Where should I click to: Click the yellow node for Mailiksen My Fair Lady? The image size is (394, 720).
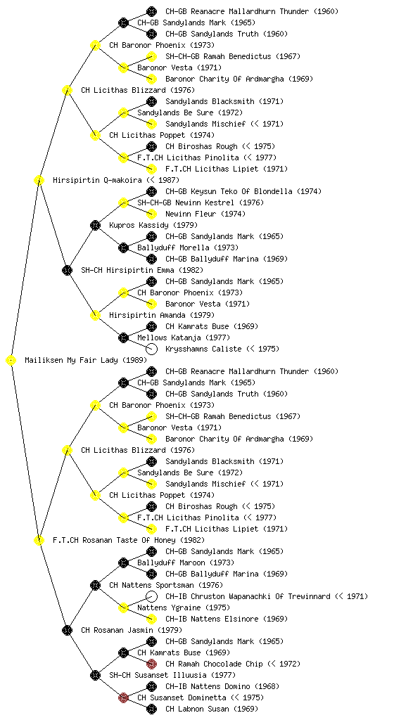(11, 361)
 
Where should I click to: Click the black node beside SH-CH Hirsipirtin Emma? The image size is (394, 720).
(67, 271)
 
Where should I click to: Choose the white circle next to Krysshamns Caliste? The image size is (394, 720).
(151, 349)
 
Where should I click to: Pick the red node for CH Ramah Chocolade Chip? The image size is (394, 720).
(151, 664)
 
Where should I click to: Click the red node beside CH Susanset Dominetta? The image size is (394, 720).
(123, 698)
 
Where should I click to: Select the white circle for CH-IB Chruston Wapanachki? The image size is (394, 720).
(151, 596)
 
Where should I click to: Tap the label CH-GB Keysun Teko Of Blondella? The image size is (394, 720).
(243, 191)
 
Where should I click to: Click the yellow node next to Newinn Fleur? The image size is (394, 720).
(151, 214)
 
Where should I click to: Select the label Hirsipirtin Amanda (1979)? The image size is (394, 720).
(162, 315)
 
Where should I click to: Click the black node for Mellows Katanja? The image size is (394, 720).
(123, 338)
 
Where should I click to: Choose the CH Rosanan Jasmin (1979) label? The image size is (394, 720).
(132, 630)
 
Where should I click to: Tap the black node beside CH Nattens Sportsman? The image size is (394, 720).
(95, 585)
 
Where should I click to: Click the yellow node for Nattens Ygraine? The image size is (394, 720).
(123, 608)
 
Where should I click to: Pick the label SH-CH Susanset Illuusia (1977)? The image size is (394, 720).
(172, 675)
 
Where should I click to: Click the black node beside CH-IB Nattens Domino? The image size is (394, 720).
(151, 686)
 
